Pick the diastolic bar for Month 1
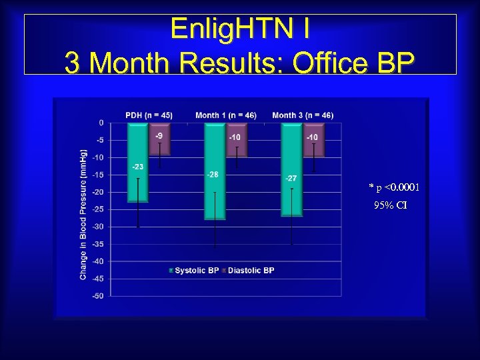[x=236, y=140]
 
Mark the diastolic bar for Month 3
[x=313, y=140]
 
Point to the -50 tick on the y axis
[x=98, y=296]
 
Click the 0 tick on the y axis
[x=101, y=123]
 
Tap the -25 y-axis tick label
[x=98, y=209]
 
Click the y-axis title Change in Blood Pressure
[x=83, y=213]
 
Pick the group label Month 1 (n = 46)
[x=225, y=115]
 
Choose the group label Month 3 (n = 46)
[x=303, y=115]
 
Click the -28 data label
[x=213, y=174]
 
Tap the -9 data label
[x=159, y=136]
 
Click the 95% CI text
[x=391, y=205]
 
